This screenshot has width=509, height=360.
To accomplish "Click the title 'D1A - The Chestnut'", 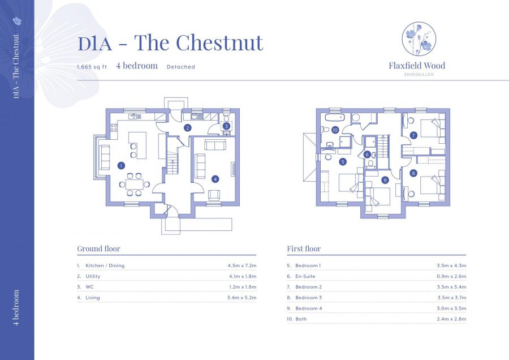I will (x=170, y=43).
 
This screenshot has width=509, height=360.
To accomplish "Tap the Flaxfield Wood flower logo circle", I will (x=419, y=38).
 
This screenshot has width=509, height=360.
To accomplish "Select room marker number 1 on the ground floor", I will (x=121, y=166).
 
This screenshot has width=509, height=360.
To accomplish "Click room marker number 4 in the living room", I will (x=215, y=179).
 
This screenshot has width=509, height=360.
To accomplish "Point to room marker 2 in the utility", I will (x=187, y=128).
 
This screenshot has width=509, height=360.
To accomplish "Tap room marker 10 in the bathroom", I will (x=335, y=130).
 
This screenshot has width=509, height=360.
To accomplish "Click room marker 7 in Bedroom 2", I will (x=413, y=135).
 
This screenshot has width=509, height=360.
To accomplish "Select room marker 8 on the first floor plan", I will (x=413, y=173).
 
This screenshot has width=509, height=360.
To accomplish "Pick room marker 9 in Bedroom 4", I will (x=385, y=180).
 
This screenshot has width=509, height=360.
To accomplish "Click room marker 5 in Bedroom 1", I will (x=343, y=162).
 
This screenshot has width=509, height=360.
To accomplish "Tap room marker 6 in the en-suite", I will (x=367, y=154).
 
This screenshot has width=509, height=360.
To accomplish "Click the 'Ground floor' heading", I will (x=98, y=248).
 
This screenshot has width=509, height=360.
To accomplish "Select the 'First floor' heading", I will (x=304, y=248).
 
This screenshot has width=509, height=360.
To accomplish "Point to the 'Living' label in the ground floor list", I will (x=92, y=298).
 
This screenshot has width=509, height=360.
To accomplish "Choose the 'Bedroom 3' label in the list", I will (x=308, y=298).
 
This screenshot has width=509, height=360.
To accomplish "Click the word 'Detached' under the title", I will (x=180, y=67).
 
